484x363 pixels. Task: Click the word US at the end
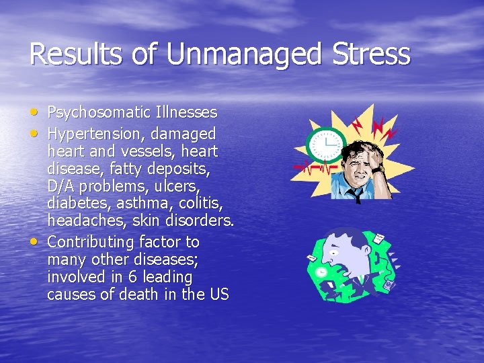click(220, 294)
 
